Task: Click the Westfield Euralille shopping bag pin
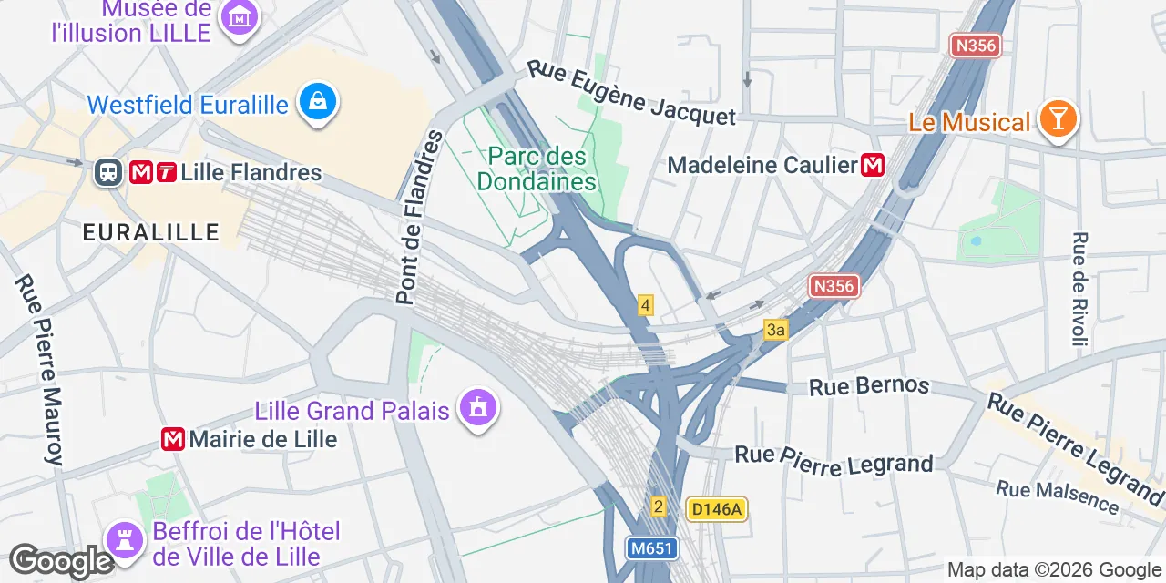317,102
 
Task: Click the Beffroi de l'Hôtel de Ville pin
124,539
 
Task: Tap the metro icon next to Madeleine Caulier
873,165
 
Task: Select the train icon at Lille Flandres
108,172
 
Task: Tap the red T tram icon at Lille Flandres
166,172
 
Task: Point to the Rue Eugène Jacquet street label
631,93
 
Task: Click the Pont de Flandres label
418,219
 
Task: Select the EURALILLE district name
151,232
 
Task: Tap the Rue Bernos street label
869,386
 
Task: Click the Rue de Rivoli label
1079,290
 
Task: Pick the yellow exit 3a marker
775,330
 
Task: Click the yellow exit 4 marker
645,305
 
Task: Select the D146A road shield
717,509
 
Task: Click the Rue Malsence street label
1057,496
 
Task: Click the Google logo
61,561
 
